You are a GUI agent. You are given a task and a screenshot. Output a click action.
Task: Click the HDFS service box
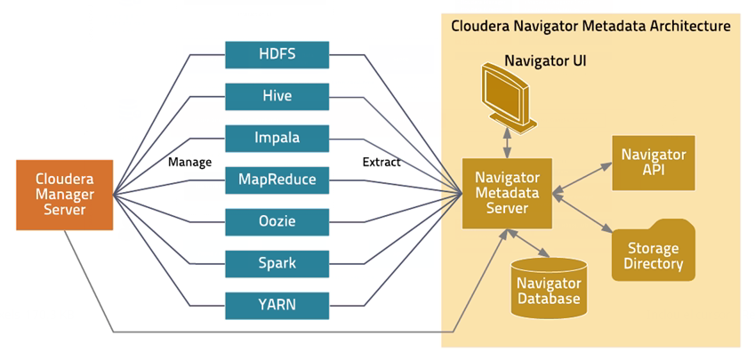(277, 54)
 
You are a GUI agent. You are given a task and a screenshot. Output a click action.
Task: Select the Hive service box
(277, 96)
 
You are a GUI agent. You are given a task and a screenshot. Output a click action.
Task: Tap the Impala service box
(277, 139)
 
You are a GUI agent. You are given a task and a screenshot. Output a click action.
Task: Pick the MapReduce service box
(277, 180)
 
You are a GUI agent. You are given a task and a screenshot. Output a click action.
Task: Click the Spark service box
(277, 264)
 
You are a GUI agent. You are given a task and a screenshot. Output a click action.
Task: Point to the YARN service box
(277, 306)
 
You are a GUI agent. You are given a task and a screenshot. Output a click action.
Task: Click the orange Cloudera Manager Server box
(65, 195)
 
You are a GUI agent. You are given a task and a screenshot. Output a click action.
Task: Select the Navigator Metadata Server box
(506, 193)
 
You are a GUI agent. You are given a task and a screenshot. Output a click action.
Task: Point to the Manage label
(189, 163)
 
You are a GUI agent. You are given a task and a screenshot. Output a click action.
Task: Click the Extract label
(382, 163)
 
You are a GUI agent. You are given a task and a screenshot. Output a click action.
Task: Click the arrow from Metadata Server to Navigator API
(582, 176)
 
